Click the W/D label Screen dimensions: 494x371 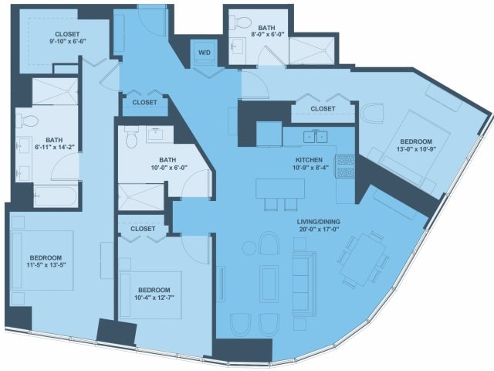(x=204, y=53)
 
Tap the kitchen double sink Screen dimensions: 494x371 (x=316, y=137)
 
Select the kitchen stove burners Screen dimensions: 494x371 (x=345, y=166)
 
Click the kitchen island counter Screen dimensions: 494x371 (x=280, y=189)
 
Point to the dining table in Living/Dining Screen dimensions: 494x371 (x=363, y=260)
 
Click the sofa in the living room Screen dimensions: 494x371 (x=304, y=284)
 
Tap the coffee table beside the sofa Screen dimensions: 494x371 (x=269, y=284)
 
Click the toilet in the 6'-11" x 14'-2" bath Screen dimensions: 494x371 (x=27, y=121)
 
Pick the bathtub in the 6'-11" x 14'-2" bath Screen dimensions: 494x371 (x=56, y=196)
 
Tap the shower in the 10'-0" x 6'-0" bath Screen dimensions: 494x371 (x=140, y=197)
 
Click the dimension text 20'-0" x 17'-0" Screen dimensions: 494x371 (x=320, y=230)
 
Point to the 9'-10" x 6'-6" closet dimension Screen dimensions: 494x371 (x=67, y=41)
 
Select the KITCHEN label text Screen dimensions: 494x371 (x=309, y=160)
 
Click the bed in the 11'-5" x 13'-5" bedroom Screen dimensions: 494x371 (x=42, y=260)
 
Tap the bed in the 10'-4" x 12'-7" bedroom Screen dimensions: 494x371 (x=151, y=295)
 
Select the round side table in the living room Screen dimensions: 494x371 (x=249, y=248)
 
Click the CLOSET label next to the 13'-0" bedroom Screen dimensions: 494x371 (x=323, y=109)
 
